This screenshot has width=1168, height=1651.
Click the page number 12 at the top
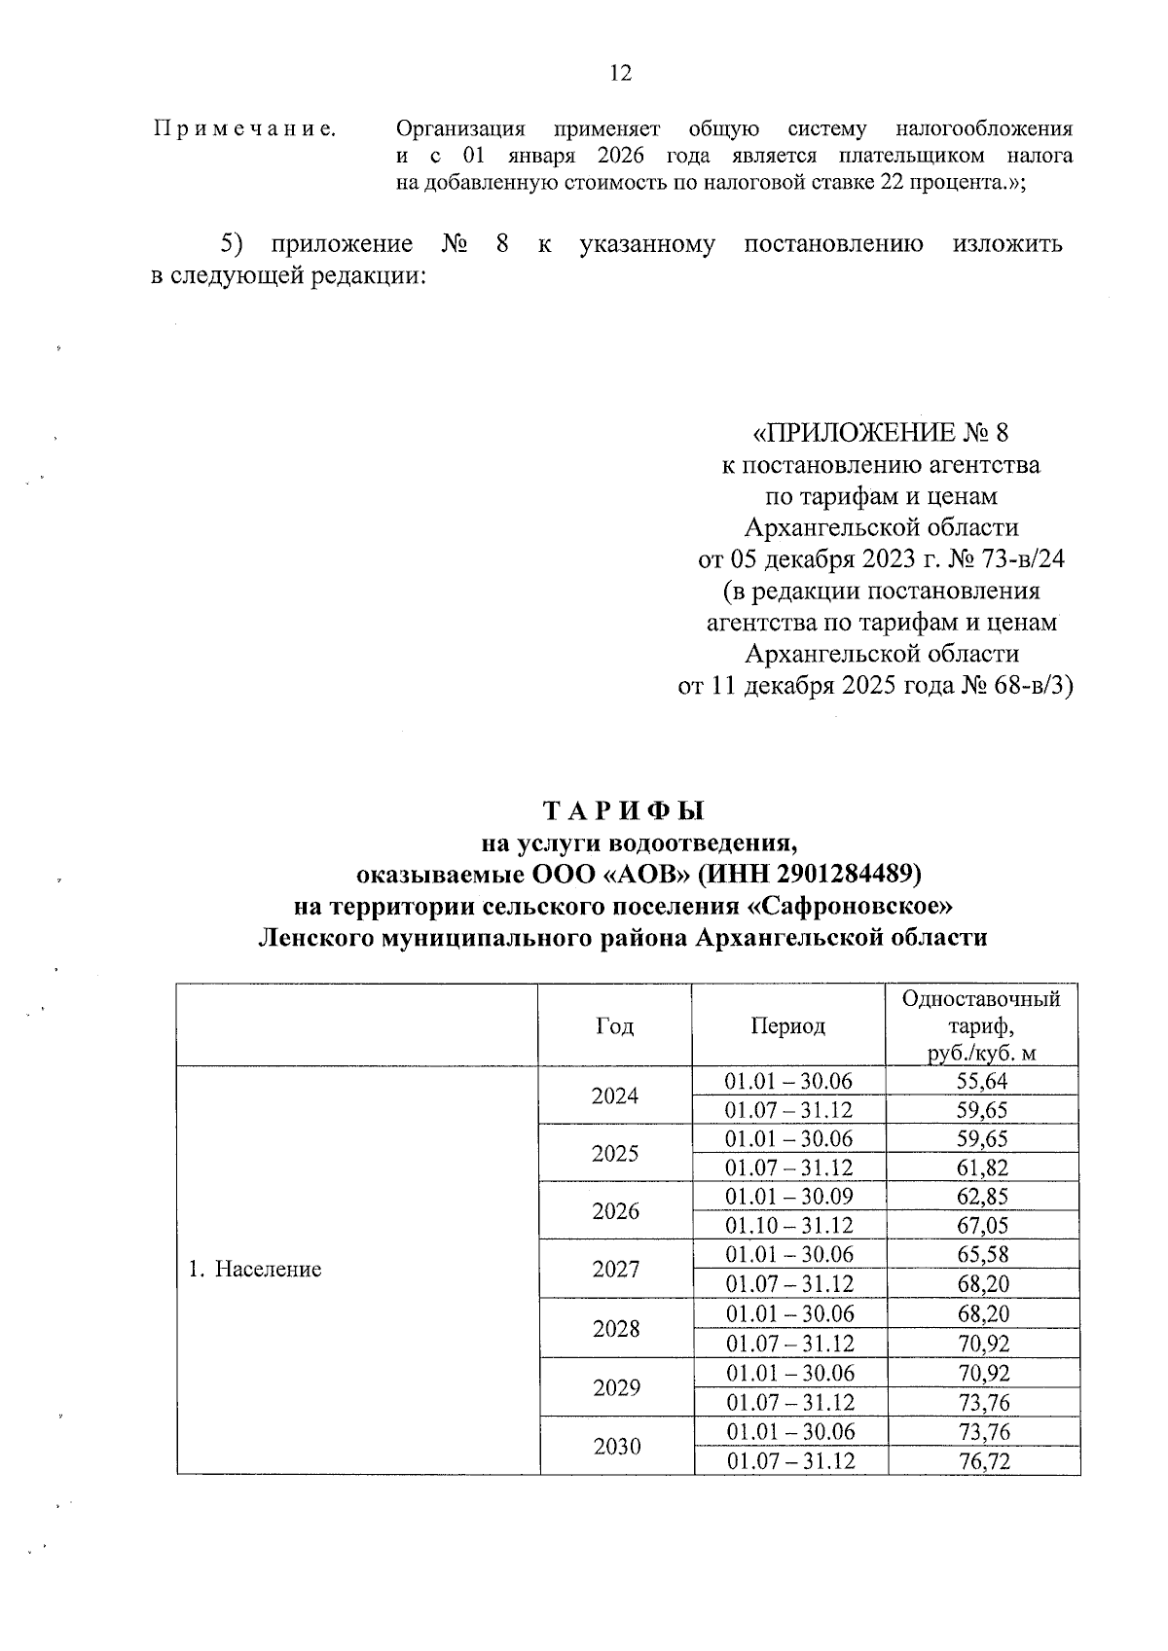click(620, 73)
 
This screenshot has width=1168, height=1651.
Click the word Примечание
click(245, 128)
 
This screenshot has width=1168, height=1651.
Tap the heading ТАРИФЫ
click(622, 810)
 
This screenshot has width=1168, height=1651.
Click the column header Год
click(614, 1025)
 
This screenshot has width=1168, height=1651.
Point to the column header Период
click(788, 1025)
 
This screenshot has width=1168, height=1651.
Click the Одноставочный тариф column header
click(981, 1025)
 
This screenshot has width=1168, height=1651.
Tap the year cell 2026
click(615, 1211)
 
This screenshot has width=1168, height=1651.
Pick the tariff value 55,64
click(982, 1081)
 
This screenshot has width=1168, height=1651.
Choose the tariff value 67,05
click(982, 1226)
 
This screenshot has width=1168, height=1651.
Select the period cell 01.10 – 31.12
click(789, 1226)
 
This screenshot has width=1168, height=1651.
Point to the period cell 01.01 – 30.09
click(789, 1197)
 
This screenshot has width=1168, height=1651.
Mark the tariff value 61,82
click(982, 1168)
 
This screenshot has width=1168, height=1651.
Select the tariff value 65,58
click(982, 1254)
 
